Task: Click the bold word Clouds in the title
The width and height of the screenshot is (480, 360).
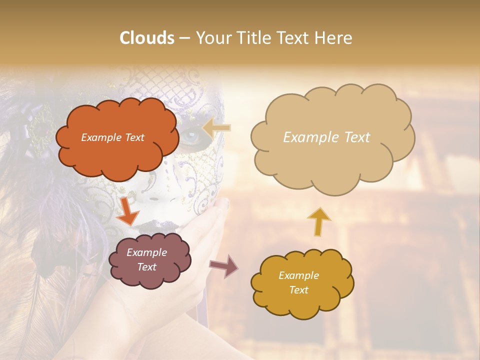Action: [x=147, y=38]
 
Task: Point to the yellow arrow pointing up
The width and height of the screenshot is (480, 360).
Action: [x=318, y=221]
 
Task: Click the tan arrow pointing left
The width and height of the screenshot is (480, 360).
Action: [x=216, y=128]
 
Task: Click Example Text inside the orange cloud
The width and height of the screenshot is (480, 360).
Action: [x=112, y=137]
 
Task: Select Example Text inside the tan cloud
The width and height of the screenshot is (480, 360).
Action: [x=326, y=137]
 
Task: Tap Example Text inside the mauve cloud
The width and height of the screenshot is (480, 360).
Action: [x=147, y=260]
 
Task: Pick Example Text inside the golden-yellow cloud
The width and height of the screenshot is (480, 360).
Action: [x=298, y=282]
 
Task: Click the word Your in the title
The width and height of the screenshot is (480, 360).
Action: [x=211, y=38]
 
